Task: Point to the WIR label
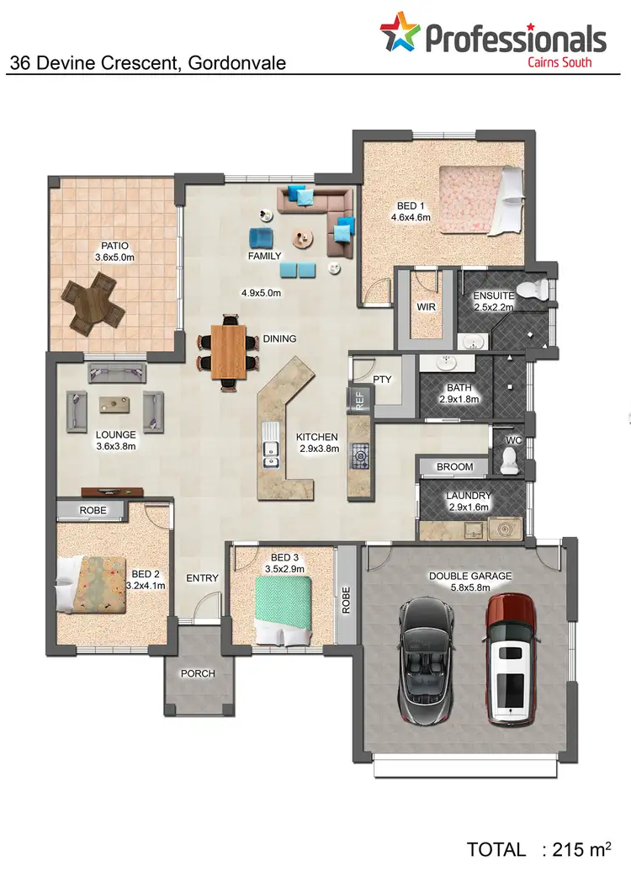tap(426, 307)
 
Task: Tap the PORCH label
tap(198, 673)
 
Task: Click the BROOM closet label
tap(454, 467)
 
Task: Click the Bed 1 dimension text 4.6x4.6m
tap(411, 217)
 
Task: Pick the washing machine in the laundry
tap(505, 529)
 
